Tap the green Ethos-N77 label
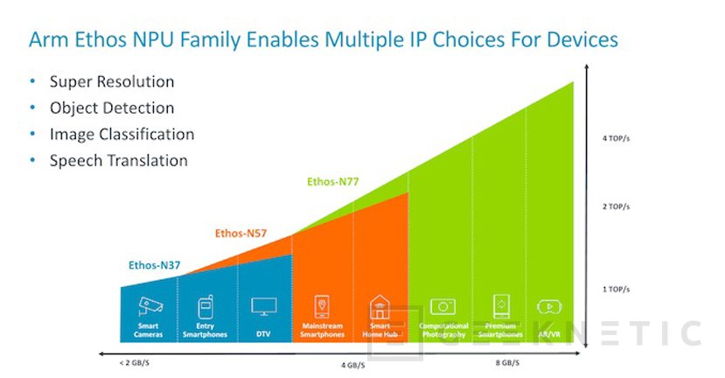[x=333, y=182]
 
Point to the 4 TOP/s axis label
[x=617, y=137]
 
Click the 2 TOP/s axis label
[x=617, y=206]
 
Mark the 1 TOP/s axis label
[x=617, y=289]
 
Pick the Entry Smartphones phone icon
[x=206, y=307]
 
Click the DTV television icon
[x=263, y=306]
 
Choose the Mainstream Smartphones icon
[x=322, y=307]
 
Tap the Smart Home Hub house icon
[x=380, y=307]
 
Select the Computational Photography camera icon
[x=443, y=307]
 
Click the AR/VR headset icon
[x=548, y=307]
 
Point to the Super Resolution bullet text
[x=111, y=81]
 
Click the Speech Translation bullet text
[x=118, y=160]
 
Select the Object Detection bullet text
[x=111, y=108]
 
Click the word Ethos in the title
[x=115, y=39]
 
